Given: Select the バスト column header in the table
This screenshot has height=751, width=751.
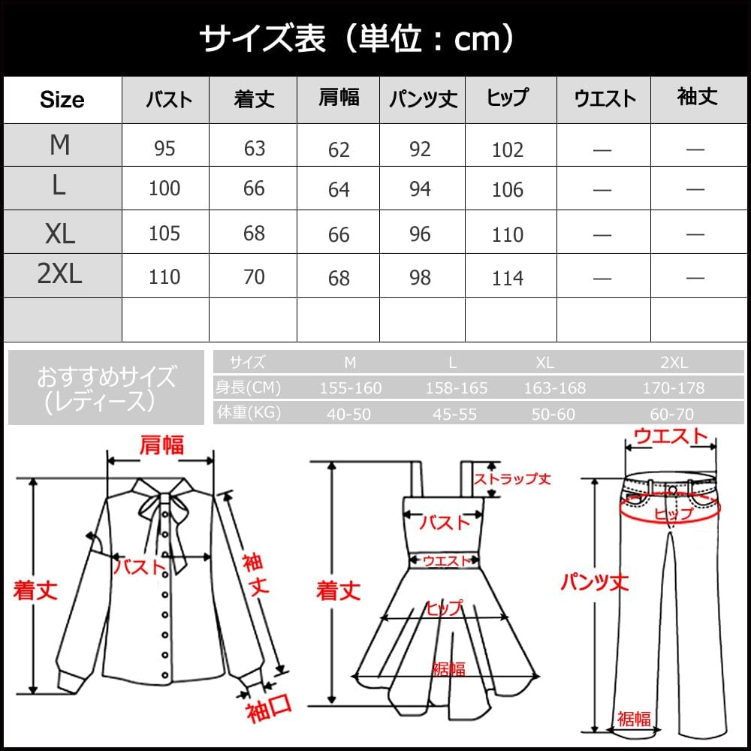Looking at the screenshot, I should [x=167, y=100].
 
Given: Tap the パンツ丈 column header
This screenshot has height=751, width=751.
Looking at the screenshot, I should [x=423, y=100].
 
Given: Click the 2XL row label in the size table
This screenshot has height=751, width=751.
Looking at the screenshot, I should [x=60, y=275].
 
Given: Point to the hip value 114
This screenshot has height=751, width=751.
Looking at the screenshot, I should [x=508, y=279].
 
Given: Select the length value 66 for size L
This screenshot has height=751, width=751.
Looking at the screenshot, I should [x=254, y=188].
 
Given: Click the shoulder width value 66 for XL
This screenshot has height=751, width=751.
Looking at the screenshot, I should [x=339, y=234].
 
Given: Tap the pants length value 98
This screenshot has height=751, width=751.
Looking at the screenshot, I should [x=421, y=278].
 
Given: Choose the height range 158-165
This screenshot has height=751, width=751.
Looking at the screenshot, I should [x=456, y=388].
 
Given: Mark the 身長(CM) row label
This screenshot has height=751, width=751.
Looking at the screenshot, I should [x=248, y=388].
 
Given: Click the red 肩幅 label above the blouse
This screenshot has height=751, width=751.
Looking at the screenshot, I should [x=161, y=445].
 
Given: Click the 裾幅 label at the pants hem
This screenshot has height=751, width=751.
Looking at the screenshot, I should [x=633, y=719].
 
